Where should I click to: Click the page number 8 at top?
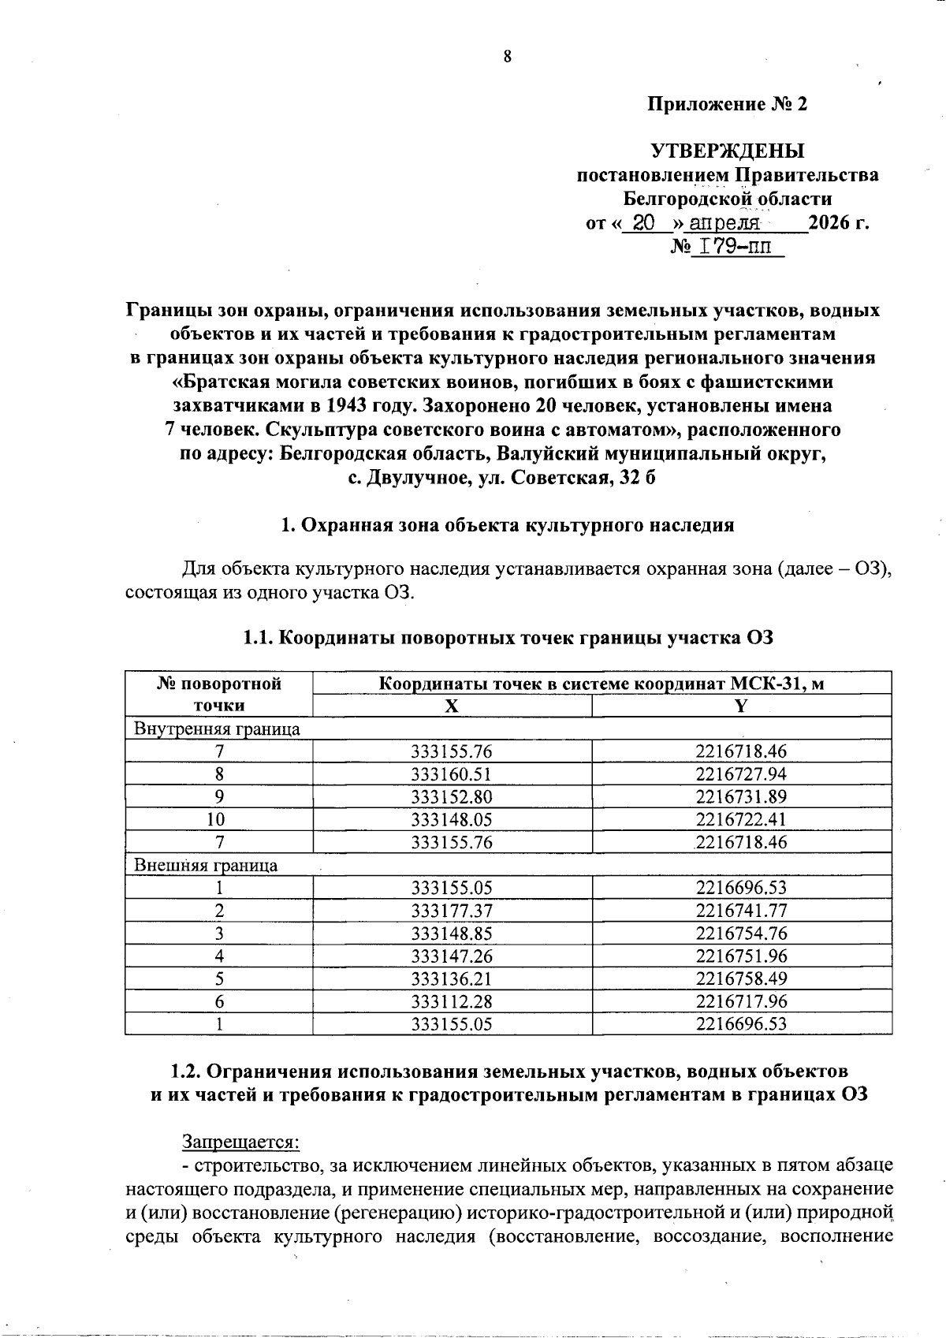[507, 56]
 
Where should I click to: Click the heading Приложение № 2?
[727, 105]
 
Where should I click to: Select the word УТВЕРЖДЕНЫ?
[727, 151]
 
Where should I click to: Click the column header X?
[451, 706]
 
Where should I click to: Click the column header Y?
[740, 706]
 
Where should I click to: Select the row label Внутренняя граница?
[218, 729]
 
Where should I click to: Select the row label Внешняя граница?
[206, 865]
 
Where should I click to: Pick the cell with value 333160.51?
[452, 774]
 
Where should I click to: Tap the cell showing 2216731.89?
[741, 797]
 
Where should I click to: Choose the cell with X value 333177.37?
[452, 911]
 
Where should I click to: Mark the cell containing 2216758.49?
[741, 978]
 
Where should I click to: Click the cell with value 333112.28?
[452, 1001]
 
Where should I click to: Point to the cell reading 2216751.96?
[741, 956]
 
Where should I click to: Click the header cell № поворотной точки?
[218, 694]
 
